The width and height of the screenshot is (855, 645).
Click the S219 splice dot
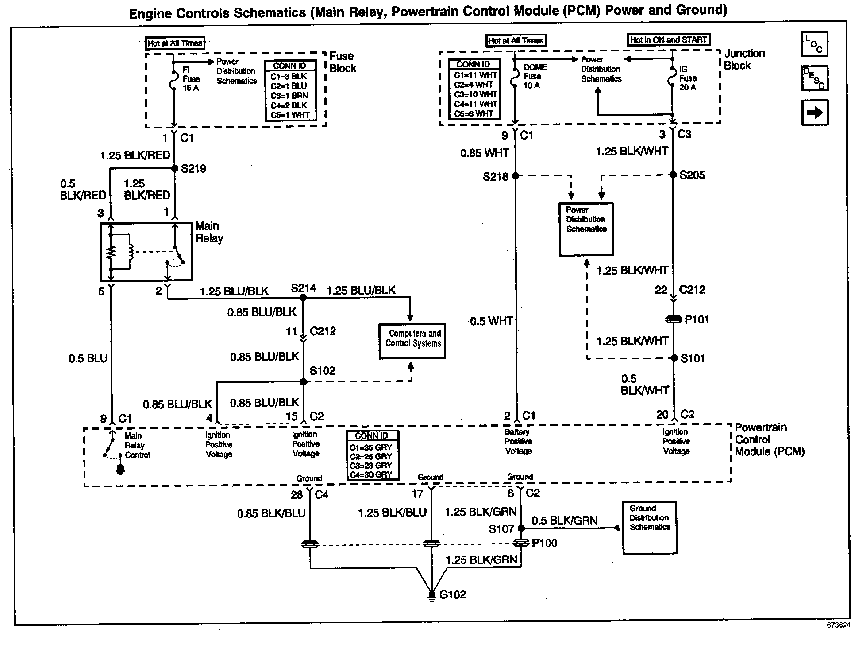tap(175, 168)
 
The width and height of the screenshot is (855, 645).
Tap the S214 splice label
tap(303, 288)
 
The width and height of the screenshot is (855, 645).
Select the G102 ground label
tap(452, 594)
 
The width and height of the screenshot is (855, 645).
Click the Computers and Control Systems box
tap(412, 341)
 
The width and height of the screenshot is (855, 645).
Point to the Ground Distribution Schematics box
tap(650, 528)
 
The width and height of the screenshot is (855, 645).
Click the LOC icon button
tap(814, 44)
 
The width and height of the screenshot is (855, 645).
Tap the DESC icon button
tap(814, 78)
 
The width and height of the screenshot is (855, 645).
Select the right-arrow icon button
tap(814, 113)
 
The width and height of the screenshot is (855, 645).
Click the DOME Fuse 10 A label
tap(535, 76)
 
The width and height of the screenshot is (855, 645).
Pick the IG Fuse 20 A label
tap(688, 78)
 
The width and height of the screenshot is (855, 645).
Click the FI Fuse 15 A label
tap(191, 79)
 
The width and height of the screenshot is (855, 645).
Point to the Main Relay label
tap(209, 232)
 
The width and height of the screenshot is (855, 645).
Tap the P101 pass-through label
tap(696, 319)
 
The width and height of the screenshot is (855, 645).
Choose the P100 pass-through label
tap(544, 543)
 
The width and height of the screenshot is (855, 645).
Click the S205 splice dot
tap(673, 175)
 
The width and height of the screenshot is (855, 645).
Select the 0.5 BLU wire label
tap(88, 358)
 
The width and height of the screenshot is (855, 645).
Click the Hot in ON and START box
tap(668, 40)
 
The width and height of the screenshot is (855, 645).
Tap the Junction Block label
tap(744, 59)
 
